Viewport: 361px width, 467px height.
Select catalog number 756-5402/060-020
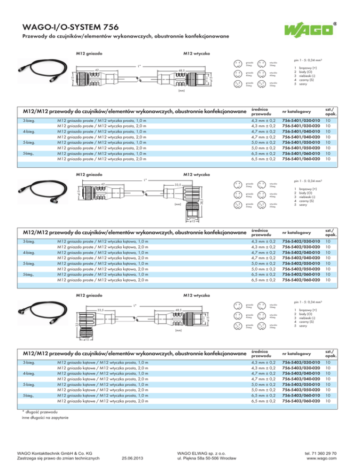301,280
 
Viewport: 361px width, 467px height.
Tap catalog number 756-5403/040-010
301,374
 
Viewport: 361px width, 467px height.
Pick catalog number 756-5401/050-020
301,148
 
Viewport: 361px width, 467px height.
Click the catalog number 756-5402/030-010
301,241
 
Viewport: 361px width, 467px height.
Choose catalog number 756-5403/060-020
301,401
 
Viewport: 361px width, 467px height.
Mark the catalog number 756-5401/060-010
301,153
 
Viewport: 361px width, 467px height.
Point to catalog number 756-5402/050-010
301,264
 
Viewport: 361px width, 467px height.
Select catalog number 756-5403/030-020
301,368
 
